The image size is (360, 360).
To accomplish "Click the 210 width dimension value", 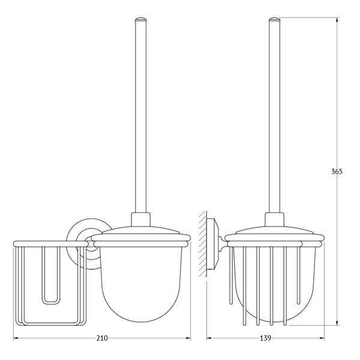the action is (x=102, y=338).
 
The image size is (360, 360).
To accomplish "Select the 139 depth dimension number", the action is (x=265, y=338).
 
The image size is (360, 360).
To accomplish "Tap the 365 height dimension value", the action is (x=337, y=172).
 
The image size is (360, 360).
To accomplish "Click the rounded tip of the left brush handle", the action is (x=140, y=19).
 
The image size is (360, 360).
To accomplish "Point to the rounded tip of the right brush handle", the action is (x=274, y=19).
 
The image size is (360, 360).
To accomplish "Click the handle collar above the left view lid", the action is (x=140, y=220).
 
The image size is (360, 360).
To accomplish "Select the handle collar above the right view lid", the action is (x=274, y=220).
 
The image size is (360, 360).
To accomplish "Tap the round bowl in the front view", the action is (x=141, y=284).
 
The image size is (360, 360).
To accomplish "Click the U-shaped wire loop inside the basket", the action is (x=51, y=276).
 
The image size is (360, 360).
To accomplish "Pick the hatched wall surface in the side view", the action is (x=203, y=244).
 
